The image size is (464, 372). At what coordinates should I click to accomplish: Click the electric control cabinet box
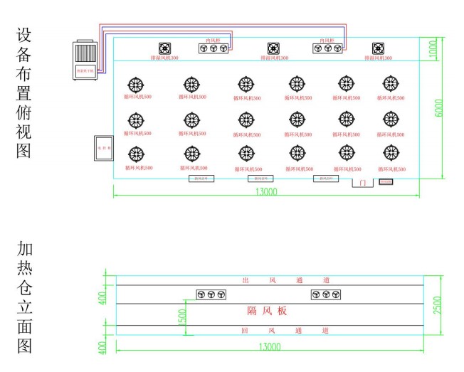point(105,149)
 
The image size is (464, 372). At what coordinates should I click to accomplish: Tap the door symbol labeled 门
point(363,183)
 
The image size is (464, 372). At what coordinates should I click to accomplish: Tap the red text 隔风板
point(267,311)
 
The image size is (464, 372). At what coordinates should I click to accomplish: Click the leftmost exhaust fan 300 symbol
point(164,48)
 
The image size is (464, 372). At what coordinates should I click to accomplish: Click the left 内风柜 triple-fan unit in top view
point(214,48)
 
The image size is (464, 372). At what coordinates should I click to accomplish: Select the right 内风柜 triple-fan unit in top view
point(328,48)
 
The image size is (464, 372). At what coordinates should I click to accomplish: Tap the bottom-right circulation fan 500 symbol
point(391,152)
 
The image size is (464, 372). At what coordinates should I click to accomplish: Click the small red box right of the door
point(386,182)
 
